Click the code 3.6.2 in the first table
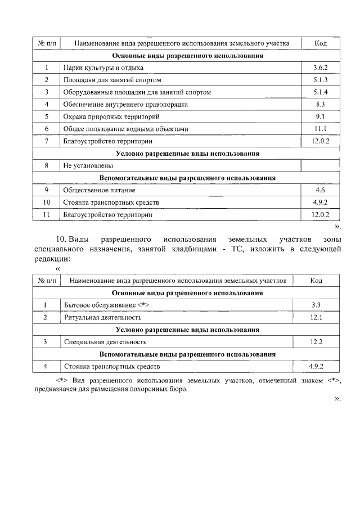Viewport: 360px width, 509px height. click(x=321, y=67)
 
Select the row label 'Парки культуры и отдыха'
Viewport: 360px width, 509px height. click(x=96, y=67)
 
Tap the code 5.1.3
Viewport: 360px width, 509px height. click(x=321, y=80)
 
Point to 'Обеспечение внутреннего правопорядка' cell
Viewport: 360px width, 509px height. click(x=125, y=105)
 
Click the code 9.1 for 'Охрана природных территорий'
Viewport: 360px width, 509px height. click(x=321, y=117)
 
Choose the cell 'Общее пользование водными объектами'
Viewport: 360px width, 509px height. click(x=125, y=129)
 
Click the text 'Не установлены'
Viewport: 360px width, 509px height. click(x=88, y=166)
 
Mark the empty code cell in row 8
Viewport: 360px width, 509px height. click(x=321, y=166)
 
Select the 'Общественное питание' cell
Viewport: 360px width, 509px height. click(x=97, y=190)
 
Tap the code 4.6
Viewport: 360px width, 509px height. click(x=321, y=190)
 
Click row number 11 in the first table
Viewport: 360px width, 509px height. click(x=47, y=214)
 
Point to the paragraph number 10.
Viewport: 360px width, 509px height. click(x=61, y=240)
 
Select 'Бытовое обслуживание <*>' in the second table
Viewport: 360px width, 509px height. click(x=106, y=305)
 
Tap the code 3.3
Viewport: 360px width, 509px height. click(x=316, y=305)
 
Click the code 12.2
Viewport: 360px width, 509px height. click(x=316, y=341)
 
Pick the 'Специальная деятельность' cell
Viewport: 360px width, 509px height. click(x=105, y=341)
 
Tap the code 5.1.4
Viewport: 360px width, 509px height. click(x=321, y=92)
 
